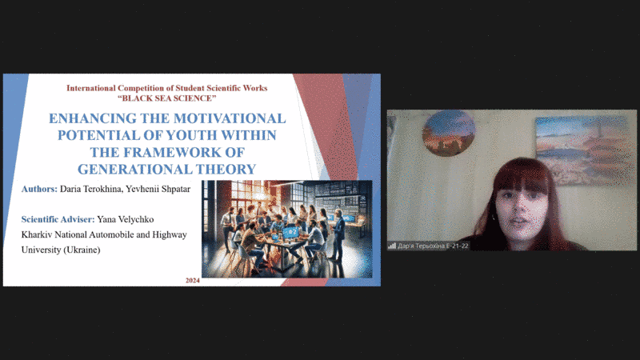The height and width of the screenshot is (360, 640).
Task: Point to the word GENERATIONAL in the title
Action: [x=134, y=169]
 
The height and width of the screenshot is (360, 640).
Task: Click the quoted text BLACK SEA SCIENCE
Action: [x=167, y=98]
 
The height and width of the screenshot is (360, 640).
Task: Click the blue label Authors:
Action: [x=39, y=189]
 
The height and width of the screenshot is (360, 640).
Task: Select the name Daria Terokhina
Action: [x=91, y=189]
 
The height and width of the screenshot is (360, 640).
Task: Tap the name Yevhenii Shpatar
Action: [x=158, y=189]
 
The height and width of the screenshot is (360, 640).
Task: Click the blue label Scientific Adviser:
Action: [x=58, y=219]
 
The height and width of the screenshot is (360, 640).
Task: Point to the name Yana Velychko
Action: [x=126, y=219]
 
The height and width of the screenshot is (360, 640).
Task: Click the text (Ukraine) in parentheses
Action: [x=81, y=250]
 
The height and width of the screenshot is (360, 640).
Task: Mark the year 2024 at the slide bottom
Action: [x=192, y=281]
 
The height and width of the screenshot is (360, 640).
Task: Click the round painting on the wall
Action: [x=449, y=133]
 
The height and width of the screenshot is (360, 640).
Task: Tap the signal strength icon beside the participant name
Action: [x=392, y=246]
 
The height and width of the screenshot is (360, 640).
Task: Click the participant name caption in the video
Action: [x=433, y=246]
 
